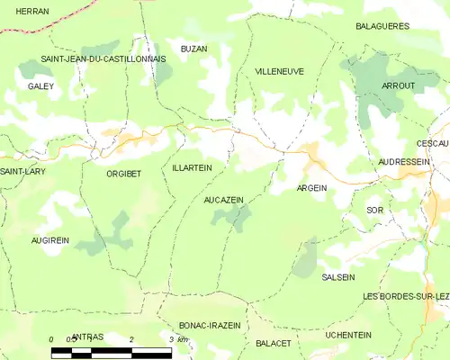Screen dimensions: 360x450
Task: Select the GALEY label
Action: [40, 86]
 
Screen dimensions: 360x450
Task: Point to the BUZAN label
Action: [193, 49]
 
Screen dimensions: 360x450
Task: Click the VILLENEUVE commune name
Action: [279, 71]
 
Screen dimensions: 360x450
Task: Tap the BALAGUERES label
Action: [382, 26]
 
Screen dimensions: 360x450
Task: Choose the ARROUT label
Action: [398, 85]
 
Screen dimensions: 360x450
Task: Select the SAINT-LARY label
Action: [22, 171]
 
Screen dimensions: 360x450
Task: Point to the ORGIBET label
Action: [123, 174]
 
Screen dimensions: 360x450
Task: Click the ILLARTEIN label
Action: [192, 167]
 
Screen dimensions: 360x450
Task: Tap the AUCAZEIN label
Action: [224, 199]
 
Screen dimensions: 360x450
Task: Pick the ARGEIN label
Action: [311, 188]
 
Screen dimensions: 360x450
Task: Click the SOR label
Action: [375, 210]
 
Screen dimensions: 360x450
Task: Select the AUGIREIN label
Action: [50, 241]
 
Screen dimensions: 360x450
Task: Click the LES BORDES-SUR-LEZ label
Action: [405, 296]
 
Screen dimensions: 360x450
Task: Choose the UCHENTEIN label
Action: [348, 335]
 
